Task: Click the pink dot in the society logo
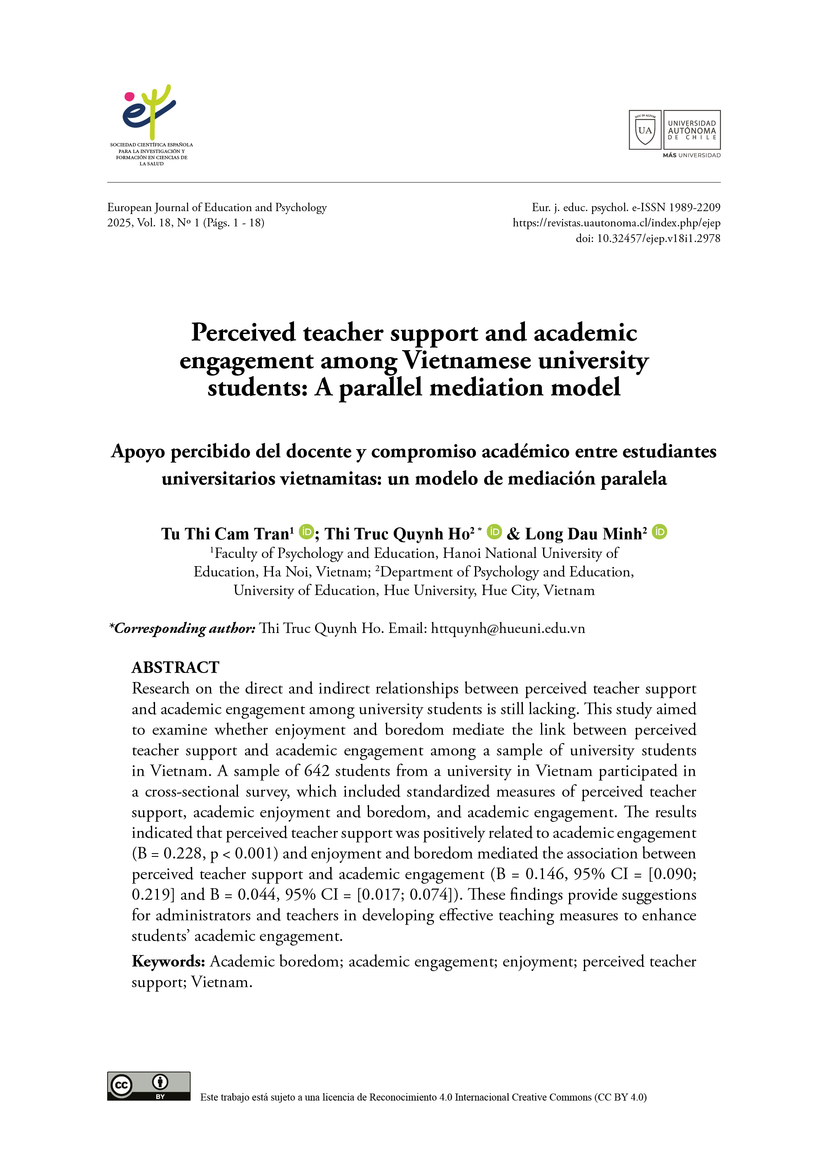click(x=129, y=96)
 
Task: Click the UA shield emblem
click(x=645, y=130)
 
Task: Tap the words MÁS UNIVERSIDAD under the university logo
click(x=692, y=155)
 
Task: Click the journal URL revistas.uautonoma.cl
click(x=616, y=223)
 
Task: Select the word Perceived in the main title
click(x=243, y=333)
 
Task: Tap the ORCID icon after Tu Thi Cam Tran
click(x=306, y=532)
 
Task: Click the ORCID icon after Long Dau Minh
click(x=659, y=532)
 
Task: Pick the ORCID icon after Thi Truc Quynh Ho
click(x=494, y=532)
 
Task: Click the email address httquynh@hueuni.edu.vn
click(x=508, y=628)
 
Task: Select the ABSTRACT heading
click(x=175, y=667)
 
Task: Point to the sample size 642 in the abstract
click(x=316, y=771)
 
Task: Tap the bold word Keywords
click(x=168, y=962)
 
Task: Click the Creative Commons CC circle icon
click(x=121, y=1085)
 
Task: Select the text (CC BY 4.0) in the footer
click(x=620, y=1097)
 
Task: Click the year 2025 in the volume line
click(x=119, y=223)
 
